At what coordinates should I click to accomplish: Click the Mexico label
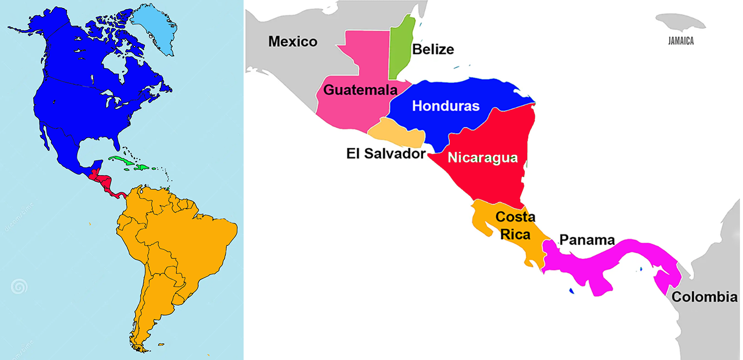tap(293, 41)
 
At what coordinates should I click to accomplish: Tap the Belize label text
tap(433, 49)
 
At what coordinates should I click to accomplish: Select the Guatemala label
tap(360, 90)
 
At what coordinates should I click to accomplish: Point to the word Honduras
tap(446, 106)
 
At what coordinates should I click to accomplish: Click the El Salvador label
tap(386, 153)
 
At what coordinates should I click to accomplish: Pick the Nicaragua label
tap(483, 157)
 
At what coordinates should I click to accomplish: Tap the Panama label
tap(587, 240)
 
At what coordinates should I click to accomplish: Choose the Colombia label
tap(704, 297)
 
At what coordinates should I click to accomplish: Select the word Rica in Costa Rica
tap(513, 235)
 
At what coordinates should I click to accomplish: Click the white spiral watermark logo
tap(19, 287)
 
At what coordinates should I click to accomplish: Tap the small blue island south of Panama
tap(572, 291)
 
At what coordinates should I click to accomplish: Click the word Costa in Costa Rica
tap(515, 217)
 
